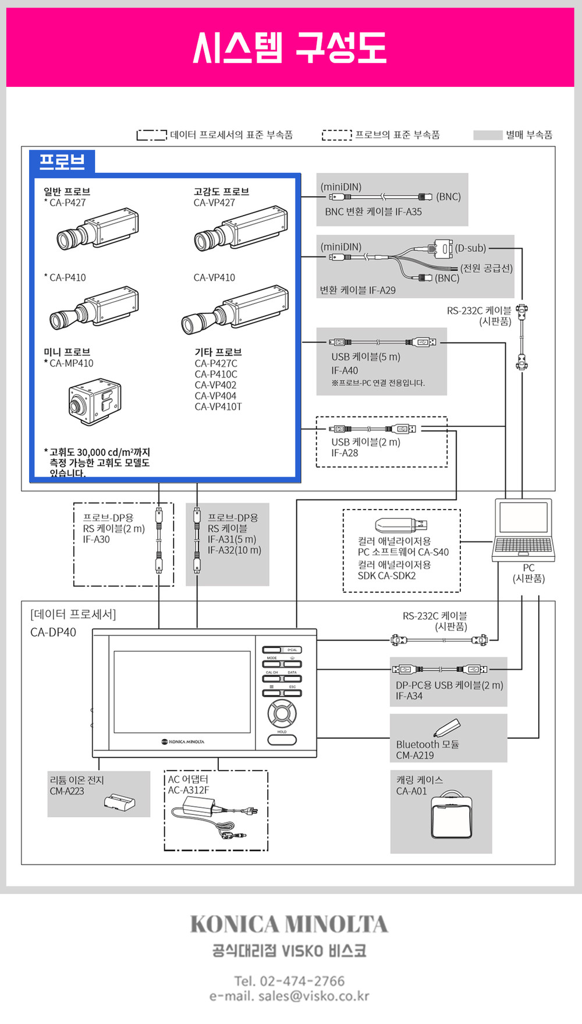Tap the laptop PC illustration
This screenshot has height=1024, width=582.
pos(523,529)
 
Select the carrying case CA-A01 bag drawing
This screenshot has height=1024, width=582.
pos(452,820)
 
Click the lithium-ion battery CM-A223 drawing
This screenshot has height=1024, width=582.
pos(120,802)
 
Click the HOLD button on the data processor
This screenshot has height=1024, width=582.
pos(282,739)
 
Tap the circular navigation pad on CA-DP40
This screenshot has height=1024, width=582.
pos(282,712)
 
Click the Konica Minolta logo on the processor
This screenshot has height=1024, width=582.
pos(183,741)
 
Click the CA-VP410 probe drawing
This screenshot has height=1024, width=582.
pos(235,309)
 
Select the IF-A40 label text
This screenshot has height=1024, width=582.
pos(345,370)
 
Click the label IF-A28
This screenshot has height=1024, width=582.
pos(345,453)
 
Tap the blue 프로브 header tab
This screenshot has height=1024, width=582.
pos(62,161)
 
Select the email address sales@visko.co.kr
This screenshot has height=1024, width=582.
pos(314,996)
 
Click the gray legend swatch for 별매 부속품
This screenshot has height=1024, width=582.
pos(487,135)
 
